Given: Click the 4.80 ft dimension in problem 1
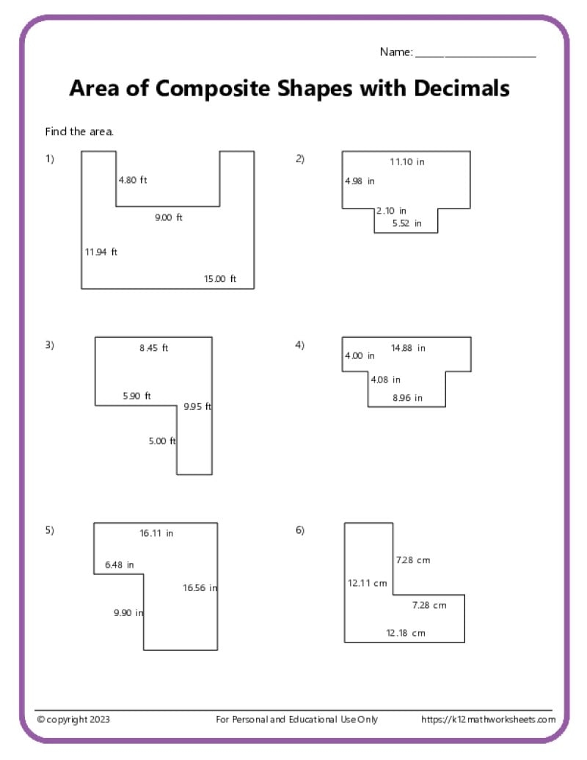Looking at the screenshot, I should (133, 180).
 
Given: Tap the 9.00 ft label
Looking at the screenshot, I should (169, 217).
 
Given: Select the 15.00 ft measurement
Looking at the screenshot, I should (220, 278).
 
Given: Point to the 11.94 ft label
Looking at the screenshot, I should (101, 252).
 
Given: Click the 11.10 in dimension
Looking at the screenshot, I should (406, 162).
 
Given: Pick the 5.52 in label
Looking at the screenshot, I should (406, 222).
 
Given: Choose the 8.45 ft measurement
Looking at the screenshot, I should (154, 348).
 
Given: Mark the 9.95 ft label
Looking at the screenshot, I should (197, 406).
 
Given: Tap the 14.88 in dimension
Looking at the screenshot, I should (408, 348).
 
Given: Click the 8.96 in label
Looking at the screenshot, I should (407, 398).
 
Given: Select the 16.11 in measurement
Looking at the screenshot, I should (156, 533).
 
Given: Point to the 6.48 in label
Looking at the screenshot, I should (120, 565).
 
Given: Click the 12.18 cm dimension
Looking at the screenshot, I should (406, 632).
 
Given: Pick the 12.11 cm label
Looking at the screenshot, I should (367, 583).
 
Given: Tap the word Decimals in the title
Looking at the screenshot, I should (462, 89).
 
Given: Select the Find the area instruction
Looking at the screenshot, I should (79, 132).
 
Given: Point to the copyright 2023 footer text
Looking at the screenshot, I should (74, 720).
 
